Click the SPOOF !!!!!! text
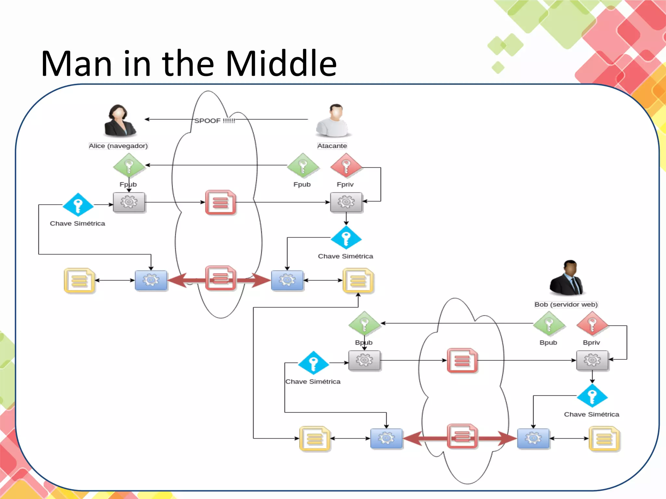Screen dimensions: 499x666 [215, 121]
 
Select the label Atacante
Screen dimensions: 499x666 [332, 146]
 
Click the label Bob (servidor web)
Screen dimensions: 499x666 [566, 304]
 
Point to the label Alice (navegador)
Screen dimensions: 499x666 [118, 146]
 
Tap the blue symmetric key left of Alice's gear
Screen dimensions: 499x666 [78, 205]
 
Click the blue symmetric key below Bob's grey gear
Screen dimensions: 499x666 [592, 396]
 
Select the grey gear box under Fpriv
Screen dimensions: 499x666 [346, 202]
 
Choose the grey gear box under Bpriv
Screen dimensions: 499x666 [592, 360]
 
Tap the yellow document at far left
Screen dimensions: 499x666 [79, 280]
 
